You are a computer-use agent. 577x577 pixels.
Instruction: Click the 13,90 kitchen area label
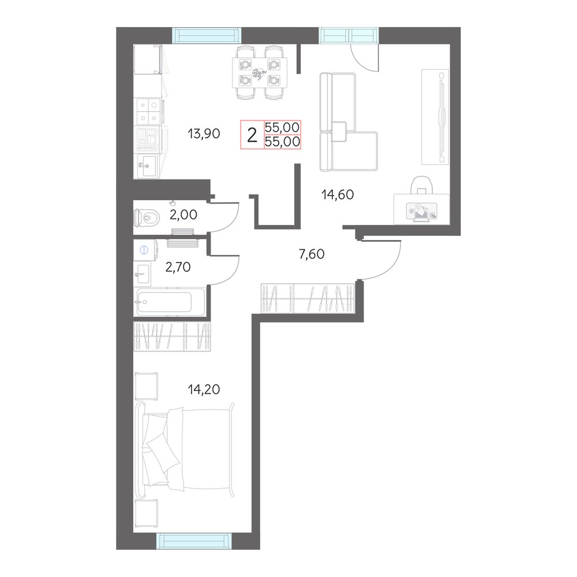pyautogui.click(x=204, y=133)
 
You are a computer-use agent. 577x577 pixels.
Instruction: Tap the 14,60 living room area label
pyautogui.click(x=338, y=194)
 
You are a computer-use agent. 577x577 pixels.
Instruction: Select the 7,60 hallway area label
pyautogui.click(x=312, y=254)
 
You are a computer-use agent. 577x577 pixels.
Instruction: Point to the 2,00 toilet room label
pyautogui.click(x=183, y=214)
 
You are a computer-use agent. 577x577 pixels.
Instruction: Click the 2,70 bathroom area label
pyautogui.click(x=178, y=267)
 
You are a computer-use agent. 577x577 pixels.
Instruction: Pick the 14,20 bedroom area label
pyautogui.click(x=204, y=389)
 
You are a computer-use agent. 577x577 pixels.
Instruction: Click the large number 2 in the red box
pyautogui.click(x=252, y=136)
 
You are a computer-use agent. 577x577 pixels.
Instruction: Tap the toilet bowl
pyautogui.click(x=147, y=218)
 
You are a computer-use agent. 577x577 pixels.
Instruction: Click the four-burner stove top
pyautogui.click(x=149, y=111)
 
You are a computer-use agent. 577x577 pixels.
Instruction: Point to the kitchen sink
pyautogui.click(x=146, y=165)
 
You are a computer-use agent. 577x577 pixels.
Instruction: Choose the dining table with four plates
pyautogui.click(x=260, y=73)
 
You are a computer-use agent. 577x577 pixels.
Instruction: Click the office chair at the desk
pyautogui.click(x=422, y=185)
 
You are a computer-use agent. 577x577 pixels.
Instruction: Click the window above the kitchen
pyautogui.click(x=207, y=35)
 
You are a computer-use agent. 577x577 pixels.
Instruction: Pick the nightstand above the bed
pyautogui.click(x=147, y=385)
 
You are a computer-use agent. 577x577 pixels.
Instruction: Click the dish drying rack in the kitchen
pyautogui.click(x=148, y=138)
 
